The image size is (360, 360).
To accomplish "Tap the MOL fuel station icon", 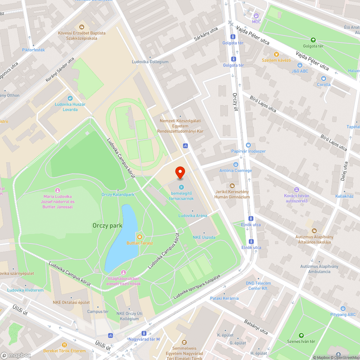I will pyautogui.click(x=256, y=15).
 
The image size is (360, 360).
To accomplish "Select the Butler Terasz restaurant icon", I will pyautogui.click(x=139, y=237).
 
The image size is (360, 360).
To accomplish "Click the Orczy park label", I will pyautogui.click(x=107, y=226).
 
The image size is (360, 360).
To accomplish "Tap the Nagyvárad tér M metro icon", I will pyautogui.click(x=144, y=333).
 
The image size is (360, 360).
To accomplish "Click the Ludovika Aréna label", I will pyautogui.click(x=193, y=216).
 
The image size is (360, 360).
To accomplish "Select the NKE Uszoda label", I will pyautogui.click(x=204, y=237).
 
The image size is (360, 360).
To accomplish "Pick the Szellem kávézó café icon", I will pyautogui.click(x=276, y=54).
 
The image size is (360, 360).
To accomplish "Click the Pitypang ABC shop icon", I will pyautogui.click(x=343, y=309).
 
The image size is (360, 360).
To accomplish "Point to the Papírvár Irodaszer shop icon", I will pyautogui.click(x=248, y=145).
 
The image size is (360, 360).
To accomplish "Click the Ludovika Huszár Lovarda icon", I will pyautogui.click(x=71, y=98).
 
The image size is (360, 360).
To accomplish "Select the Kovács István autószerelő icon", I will pyautogui.click(x=296, y=190).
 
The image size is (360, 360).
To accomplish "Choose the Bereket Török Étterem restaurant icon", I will pyautogui.click(x=64, y=345).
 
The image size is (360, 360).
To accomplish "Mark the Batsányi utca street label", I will pyautogui.click(x=256, y=326).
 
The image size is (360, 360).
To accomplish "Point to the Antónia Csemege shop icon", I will pyautogui.click(x=236, y=165).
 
